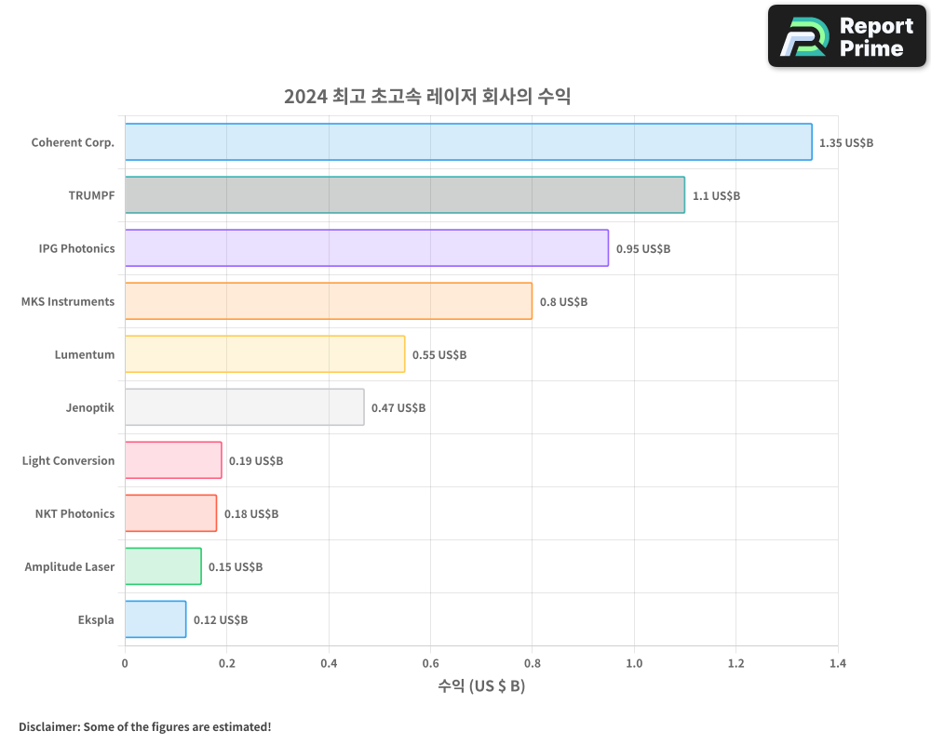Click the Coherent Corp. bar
coord(468,142)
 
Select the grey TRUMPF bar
coord(405,195)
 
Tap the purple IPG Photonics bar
coord(367,248)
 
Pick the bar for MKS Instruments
coord(329,301)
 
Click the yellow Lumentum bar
coord(264,354)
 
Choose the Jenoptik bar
coord(244,407)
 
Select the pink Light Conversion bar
coord(173,460)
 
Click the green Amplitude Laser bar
coord(163,566)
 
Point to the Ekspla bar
coord(155,619)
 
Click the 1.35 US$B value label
coord(846,143)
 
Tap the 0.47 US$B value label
coord(398,408)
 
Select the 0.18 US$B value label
coord(251,514)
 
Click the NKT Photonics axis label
coord(74,514)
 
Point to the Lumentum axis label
coord(85,355)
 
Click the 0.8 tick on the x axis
coord(532,664)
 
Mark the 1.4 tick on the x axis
coord(837,664)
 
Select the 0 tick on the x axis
coord(125,664)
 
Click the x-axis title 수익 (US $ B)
coord(481,686)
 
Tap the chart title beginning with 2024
coord(427,97)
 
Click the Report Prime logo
coord(847,36)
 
